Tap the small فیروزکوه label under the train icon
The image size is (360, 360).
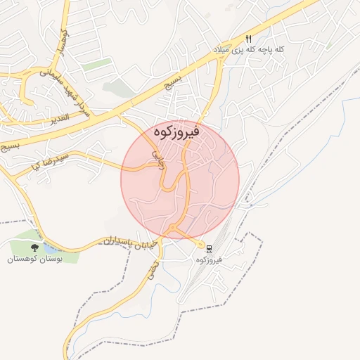pyautogui.click(x=210, y=259)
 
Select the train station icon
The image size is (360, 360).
pyautogui.click(x=210, y=247)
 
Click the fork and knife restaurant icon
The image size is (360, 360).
pyautogui.click(x=248, y=39)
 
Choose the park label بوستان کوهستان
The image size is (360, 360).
pyautogui.click(x=36, y=259)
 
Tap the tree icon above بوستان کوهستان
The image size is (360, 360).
pyautogui.click(x=35, y=247)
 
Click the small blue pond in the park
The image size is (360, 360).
pyautogui.click(x=51, y=248)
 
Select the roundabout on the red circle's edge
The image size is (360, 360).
pyautogui.click(x=173, y=228)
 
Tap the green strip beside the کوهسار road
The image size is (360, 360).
pyautogui.click(x=97, y=65)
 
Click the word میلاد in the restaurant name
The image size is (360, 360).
pyautogui.click(x=224, y=51)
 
